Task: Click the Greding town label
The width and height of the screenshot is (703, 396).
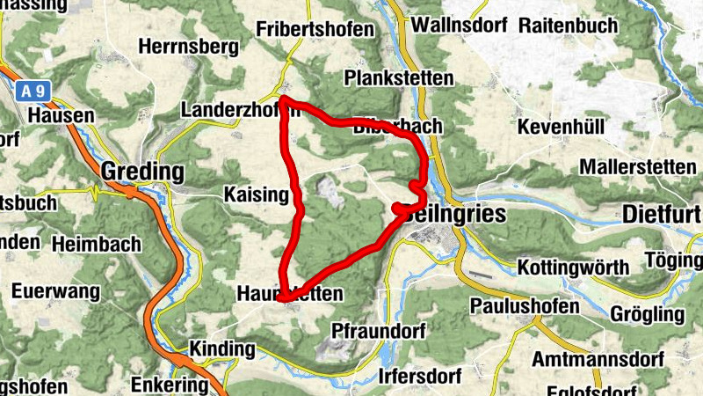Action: click(143, 171)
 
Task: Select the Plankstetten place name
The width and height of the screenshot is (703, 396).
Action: click(400, 78)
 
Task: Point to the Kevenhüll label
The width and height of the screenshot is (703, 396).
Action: click(562, 127)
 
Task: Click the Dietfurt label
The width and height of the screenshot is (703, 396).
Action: click(661, 214)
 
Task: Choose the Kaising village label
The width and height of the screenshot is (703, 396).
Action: click(257, 194)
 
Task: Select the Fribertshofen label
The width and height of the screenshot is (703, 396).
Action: click(315, 29)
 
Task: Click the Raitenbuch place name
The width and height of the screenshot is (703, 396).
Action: click(569, 25)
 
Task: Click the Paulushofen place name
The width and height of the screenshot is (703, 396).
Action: click(525, 306)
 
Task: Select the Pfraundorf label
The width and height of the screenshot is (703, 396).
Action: click(379, 331)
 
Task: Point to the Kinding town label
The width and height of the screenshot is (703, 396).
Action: click(221, 349)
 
